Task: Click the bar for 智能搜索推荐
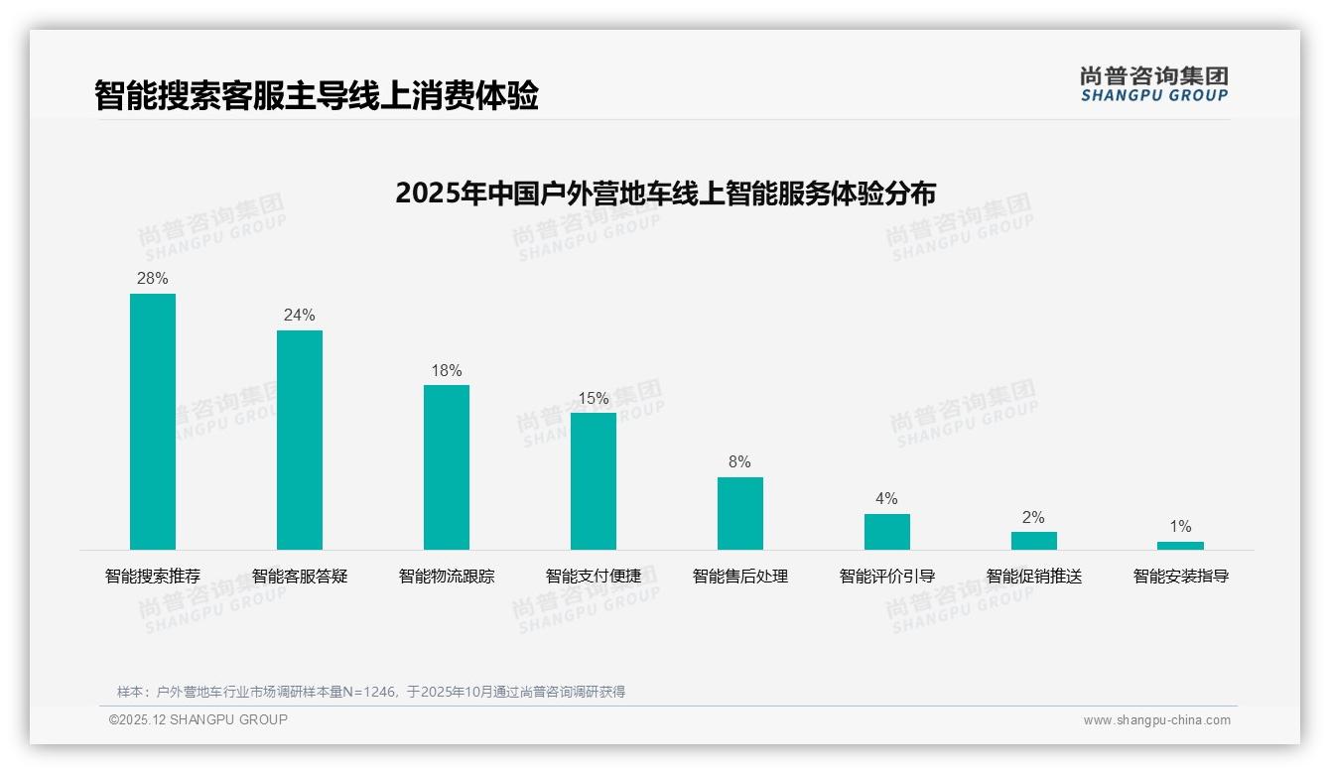[x=153, y=422]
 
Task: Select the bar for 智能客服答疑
[x=300, y=440]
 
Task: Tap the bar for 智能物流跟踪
[x=447, y=467]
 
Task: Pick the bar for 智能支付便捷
[x=594, y=481]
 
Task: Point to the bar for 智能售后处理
[x=740, y=513]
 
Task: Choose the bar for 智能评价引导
[x=887, y=532]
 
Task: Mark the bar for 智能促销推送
[x=1034, y=541]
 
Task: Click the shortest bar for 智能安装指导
[x=1180, y=546]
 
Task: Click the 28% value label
[x=153, y=279]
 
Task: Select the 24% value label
[x=300, y=316]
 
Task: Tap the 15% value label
[x=594, y=399]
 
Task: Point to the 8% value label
[x=740, y=462]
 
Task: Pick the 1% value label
[x=1180, y=527]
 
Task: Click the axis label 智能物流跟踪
[x=447, y=577]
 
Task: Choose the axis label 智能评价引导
[x=887, y=577]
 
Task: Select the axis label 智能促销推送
[x=1034, y=577]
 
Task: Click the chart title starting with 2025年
[x=665, y=193]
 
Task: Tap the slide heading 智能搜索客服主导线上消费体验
[x=317, y=96]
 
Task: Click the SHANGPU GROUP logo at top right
[x=1154, y=84]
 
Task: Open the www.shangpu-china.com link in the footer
[x=1156, y=720]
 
